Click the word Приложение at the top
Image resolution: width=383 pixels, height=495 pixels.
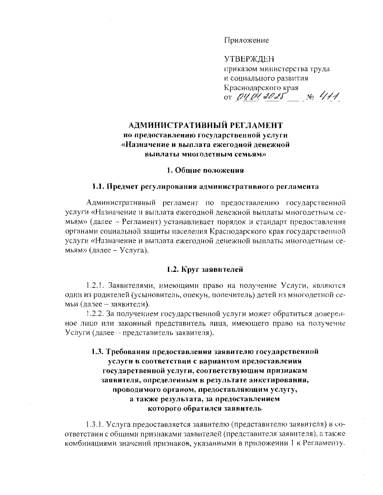coord(246,40)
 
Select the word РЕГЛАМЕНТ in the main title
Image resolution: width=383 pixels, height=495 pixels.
coord(258,125)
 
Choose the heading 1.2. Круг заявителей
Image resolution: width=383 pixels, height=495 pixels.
coord(205,270)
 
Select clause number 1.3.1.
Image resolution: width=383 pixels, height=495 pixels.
coord(95,425)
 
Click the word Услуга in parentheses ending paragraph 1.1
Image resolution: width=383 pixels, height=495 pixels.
coord(133,251)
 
